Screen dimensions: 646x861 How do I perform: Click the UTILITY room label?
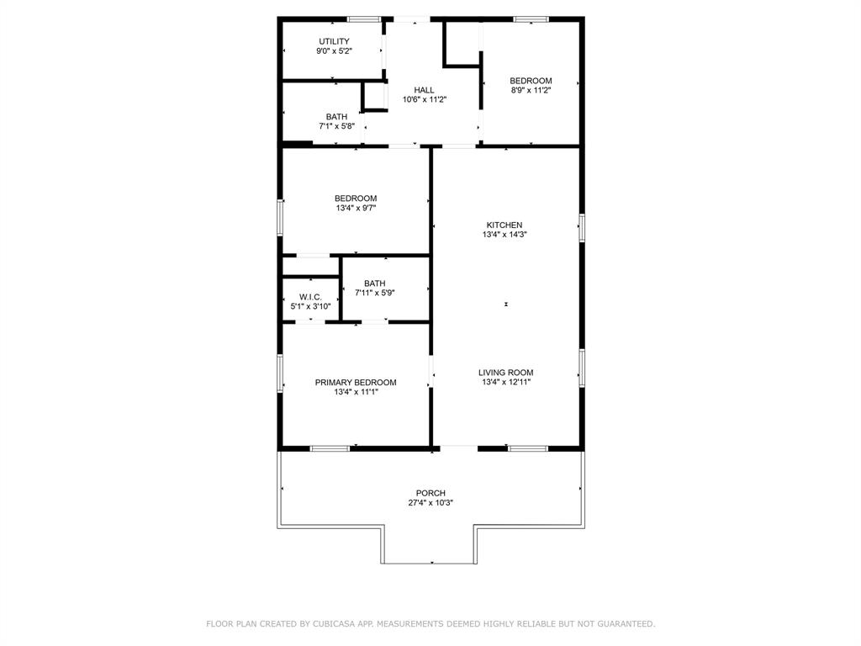click(334, 41)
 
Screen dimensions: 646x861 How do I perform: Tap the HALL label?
click(424, 90)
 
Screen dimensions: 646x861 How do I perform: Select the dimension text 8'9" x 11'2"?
click(531, 90)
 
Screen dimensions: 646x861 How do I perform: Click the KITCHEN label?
click(504, 225)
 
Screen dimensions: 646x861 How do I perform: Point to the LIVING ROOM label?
click(505, 373)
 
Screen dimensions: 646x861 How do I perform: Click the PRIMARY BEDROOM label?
click(356, 382)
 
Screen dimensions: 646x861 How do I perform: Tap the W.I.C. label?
click(310, 297)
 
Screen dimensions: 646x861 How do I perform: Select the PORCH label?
click(430, 493)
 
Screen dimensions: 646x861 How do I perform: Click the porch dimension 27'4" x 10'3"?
click(430, 503)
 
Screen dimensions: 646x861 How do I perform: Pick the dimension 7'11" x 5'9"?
click(375, 293)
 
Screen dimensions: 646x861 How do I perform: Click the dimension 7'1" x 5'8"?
click(336, 126)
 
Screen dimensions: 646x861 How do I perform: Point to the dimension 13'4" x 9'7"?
click(356, 208)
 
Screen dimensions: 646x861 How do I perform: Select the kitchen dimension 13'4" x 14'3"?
click(504, 235)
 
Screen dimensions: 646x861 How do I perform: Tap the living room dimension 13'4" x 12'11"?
click(505, 382)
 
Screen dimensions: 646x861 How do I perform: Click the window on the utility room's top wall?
click(364, 19)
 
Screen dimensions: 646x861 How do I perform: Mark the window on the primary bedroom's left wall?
click(280, 373)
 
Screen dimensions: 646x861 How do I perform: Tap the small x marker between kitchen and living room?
click(506, 304)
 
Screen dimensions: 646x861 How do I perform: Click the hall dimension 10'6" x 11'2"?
click(424, 99)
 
